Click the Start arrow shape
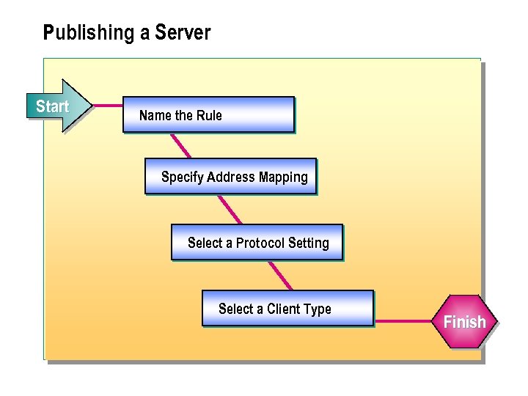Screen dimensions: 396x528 point(57,106)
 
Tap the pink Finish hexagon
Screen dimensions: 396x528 point(464,322)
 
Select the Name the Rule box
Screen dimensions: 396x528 point(208,114)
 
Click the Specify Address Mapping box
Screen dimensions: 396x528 point(230,176)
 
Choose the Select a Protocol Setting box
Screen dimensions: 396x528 point(257,242)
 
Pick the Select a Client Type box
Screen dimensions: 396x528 point(287,308)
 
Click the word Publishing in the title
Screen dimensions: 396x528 point(84,33)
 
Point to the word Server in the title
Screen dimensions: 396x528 point(183,33)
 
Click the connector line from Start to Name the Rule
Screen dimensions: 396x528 point(108,106)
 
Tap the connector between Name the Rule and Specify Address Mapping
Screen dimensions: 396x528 point(180,145)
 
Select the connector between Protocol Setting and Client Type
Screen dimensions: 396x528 point(280,275)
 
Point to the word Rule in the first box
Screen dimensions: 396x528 point(209,115)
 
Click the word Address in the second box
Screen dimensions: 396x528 point(231,177)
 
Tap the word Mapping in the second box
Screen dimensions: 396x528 point(283,177)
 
